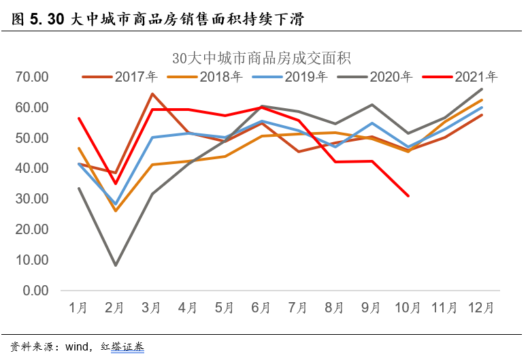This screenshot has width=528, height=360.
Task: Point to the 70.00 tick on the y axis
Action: tap(31, 77)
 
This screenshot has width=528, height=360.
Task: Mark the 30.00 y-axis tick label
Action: tap(31, 199)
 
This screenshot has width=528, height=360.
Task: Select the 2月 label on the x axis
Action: tap(115, 308)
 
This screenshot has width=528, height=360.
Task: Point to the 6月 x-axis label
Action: tap(262, 308)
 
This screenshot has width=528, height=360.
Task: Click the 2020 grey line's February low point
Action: tap(115, 265)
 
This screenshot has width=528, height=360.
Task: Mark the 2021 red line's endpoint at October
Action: tap(408, 196)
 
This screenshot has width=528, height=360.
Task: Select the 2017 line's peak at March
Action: tap(152, 94)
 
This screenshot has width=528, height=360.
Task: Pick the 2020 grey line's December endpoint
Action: tap(482, 89)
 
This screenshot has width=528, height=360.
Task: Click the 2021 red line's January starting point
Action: tap(79, 118)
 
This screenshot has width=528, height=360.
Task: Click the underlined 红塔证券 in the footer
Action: tap(127, 347)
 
